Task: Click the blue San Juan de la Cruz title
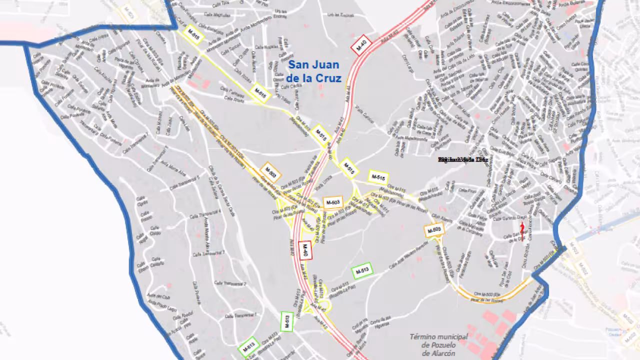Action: tap(314, 71)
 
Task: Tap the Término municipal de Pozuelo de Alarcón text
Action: tap(438, 345)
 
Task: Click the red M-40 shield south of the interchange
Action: tap(304, 250)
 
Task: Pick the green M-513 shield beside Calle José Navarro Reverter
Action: tap(363, 270)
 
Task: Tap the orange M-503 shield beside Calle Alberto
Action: tap(434, 230)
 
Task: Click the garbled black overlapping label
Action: tap(462, 159)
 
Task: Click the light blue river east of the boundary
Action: tap(600, 227)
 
